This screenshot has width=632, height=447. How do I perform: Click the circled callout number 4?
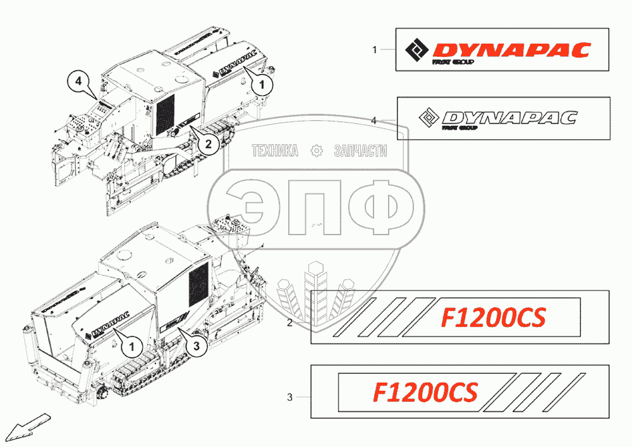coord(78,82)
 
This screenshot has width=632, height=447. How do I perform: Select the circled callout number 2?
coord(209,144)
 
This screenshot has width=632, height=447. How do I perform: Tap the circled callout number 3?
coord(197,345)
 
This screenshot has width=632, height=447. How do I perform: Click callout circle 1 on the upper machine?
coord(264,82)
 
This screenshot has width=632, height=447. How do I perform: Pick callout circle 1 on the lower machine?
coord(131,346)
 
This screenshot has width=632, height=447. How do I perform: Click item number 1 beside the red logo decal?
coord(375,49)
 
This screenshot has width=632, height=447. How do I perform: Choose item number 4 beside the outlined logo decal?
coord(374,119)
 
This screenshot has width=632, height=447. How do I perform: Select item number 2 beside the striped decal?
coord(289,323)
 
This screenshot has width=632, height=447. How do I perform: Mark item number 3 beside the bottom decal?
coord(289,398)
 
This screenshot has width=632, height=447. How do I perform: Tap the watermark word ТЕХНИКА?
coord(275,150)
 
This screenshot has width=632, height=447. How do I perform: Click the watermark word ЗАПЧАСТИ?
coord(360,150)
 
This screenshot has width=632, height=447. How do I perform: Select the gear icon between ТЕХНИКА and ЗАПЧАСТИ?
coord(316,150)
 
